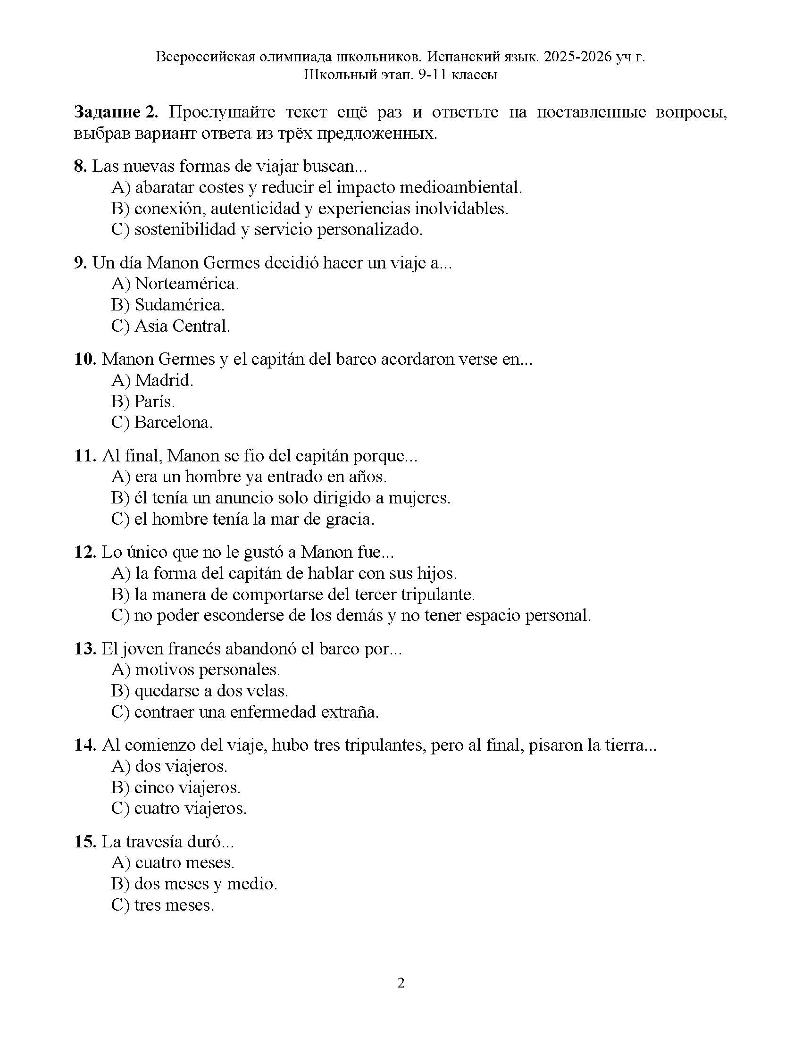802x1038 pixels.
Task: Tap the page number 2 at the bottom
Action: click(x=401, y=983)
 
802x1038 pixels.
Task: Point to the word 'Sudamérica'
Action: click(x=179, y=305)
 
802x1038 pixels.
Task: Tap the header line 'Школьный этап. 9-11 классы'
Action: click(x=401, y=75)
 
